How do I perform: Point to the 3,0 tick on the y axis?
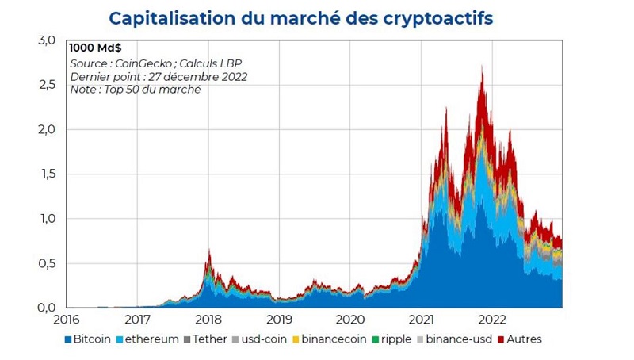[47, 40]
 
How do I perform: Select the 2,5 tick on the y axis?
[47, 85]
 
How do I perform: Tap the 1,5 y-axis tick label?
[47, 174]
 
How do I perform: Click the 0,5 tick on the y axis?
[47, 263]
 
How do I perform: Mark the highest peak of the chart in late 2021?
[482, 67]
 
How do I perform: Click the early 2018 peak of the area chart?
[209, 249]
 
